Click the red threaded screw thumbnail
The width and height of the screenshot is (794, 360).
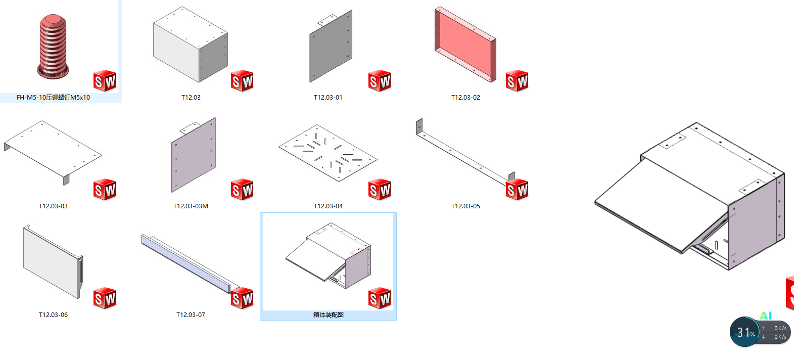(x=53, y=47)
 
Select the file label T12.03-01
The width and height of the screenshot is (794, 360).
(x=328, y=97)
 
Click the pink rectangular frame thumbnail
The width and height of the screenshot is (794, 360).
(x=465, y=44)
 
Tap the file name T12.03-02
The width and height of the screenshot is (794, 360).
(x=465, y=97)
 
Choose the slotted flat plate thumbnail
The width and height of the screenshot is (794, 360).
(x=328, y=153)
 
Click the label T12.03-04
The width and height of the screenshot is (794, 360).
(x=328, y=206)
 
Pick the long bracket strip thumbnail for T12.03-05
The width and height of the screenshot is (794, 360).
(x=465, y=152)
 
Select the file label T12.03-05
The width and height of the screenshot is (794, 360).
(x=465, y=206)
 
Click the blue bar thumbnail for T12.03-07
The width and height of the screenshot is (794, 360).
(x=191, y=263)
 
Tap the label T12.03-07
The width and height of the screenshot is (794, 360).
(x=191, y=314)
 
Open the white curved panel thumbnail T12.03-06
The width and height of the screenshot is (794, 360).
(x=53, y=261)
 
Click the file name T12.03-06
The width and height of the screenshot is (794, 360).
(x=53, y=314)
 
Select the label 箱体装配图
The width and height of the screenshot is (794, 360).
(x=328, y=314)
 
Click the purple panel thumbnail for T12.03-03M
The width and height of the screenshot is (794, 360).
(x=194, y=155)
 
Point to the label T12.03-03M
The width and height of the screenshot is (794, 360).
(x=191, y=206)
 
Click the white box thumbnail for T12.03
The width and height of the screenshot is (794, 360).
(x=191, y=44)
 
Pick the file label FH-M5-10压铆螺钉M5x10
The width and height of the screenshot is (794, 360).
(x=53, y=97)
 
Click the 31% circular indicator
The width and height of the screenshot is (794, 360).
(x=745, y=332)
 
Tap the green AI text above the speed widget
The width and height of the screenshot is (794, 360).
(x=766, y=316)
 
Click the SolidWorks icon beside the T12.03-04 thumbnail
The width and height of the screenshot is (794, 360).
(x=379, y=190)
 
